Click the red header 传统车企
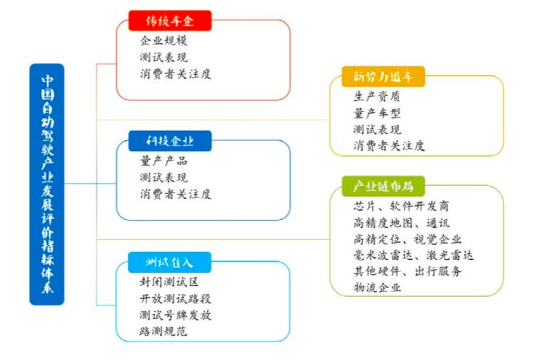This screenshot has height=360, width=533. pyautogui.click(x=170, y=21)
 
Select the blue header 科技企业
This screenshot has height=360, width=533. pyautogui.click(x=170, y=141)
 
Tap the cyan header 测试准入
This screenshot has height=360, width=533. pyautogui.click(x=170, y=262)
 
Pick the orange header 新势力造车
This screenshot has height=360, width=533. pyautogui.click(x=383, y=76)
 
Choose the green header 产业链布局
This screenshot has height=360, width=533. pyautogui.click(x=383, y=186)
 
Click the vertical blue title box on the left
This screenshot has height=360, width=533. pyautogui.click(x=47, y=184)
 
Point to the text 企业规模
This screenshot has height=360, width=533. pyautogui.click(x=164, y=40)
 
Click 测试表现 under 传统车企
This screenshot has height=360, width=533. pyautogui.click(x=164, y=57)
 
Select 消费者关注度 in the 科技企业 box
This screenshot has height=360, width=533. pyautogui.click(x=175, y=194)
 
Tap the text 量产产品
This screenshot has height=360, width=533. pyautogui.click(x=164, y=160)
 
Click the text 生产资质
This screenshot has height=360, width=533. pyautogui.click(x=377, y=96)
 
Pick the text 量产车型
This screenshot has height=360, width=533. pyautogui.click(x=377, y=113)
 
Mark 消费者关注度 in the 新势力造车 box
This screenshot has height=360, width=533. pyautogui.click(x=389, y=146)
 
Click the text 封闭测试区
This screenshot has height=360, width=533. pyautogui.click(x=169, y=282)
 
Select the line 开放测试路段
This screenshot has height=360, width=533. pyautogui.click(x=175, y=298)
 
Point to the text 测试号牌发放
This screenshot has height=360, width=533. pyautogui.click(x=175, y=315)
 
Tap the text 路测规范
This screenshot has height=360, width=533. pyautogui.click(x=163, y=331)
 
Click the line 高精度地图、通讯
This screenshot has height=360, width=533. pyautogui.click(x=401, y=223)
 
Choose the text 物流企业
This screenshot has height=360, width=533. pyautogui.click(x=377, y=287)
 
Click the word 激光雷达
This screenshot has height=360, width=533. pyautogui.click(x=450, y=255)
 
